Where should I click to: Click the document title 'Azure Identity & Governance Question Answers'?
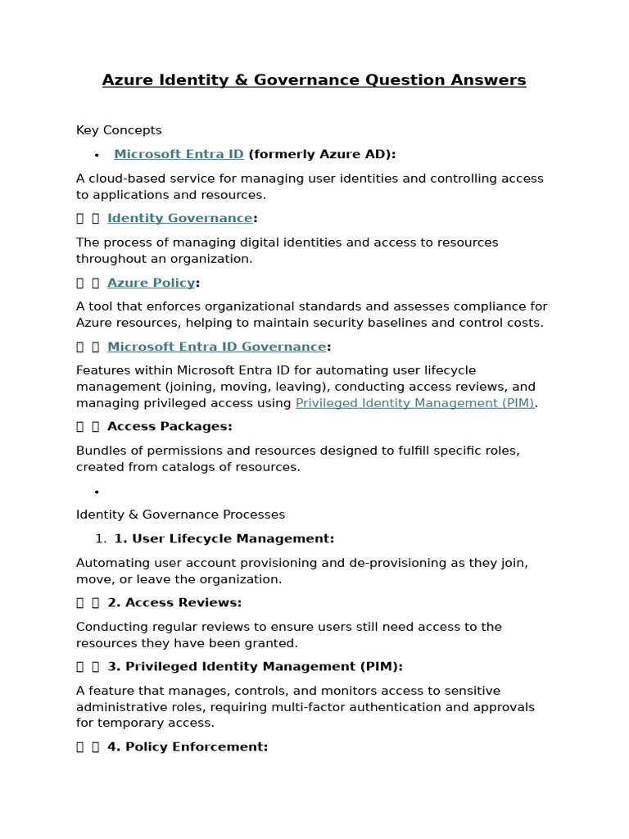tap(314, 80)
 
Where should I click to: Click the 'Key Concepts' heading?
tap(119, 130)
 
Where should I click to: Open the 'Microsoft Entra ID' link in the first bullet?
tap(179, 154)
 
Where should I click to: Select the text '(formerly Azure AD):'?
tap(322, 154)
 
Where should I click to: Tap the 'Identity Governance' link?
tap(180, 218)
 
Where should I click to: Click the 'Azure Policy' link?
tap(152, 283)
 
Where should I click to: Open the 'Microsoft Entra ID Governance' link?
tap(217, 347)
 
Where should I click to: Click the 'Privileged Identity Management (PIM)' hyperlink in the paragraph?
tap(414, 403)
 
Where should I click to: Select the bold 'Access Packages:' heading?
tap(170, 426)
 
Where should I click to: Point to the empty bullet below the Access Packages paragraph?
tap(97, 492)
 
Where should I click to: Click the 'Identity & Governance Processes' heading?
tap(180, 515)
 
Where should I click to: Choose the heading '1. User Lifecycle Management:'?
tap(224, 538)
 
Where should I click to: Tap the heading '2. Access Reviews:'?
tap(174, 602)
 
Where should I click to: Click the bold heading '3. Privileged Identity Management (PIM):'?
tap(255, 666)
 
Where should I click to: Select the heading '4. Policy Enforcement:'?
tap(188, 746)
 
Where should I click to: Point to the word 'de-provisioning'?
tap(420, 563)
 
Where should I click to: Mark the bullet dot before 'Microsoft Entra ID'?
tap(97, 155)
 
